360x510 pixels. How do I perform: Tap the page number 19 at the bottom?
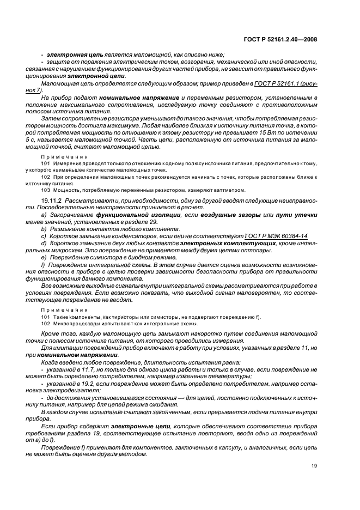[314, 466]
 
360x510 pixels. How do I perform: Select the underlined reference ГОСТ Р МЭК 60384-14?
[276, 236]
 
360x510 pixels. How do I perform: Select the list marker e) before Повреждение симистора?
[44, 257]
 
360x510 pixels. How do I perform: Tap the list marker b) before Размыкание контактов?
[44, 229]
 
